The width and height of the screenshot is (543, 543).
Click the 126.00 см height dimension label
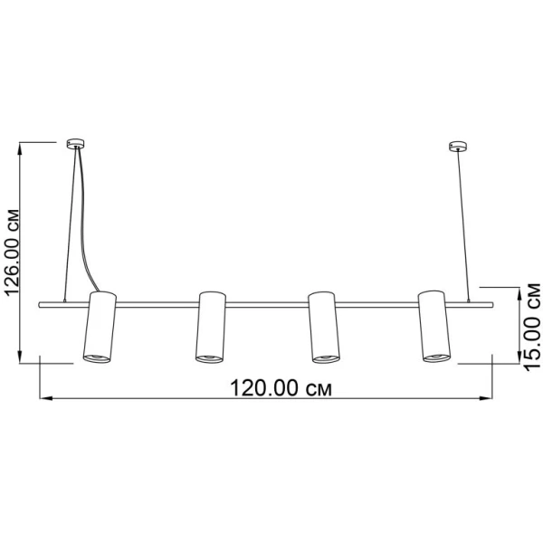[13, 252]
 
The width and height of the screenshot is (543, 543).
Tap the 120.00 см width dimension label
[281, 388]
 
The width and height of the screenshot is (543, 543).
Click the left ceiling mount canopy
[76, 144]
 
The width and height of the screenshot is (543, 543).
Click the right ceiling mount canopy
[458, 146]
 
